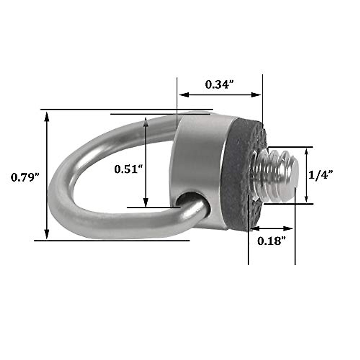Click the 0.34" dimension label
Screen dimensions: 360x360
219,85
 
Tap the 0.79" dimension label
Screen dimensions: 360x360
25,177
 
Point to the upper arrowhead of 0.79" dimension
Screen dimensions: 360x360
46,115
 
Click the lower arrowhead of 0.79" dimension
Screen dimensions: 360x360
46,234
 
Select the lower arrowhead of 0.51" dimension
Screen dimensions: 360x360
146,202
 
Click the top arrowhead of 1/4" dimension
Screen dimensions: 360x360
306,152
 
